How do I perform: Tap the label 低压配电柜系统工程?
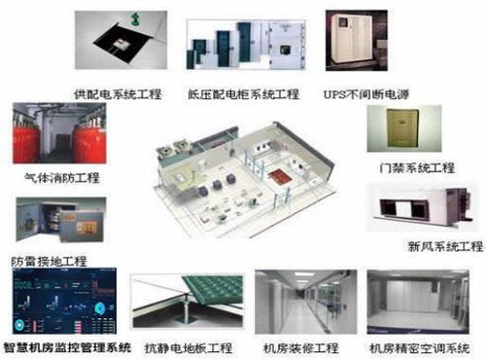(244, 94)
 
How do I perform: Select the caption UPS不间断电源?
(366, 94)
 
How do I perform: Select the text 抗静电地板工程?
(189, 346)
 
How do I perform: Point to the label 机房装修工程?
(300, 346)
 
